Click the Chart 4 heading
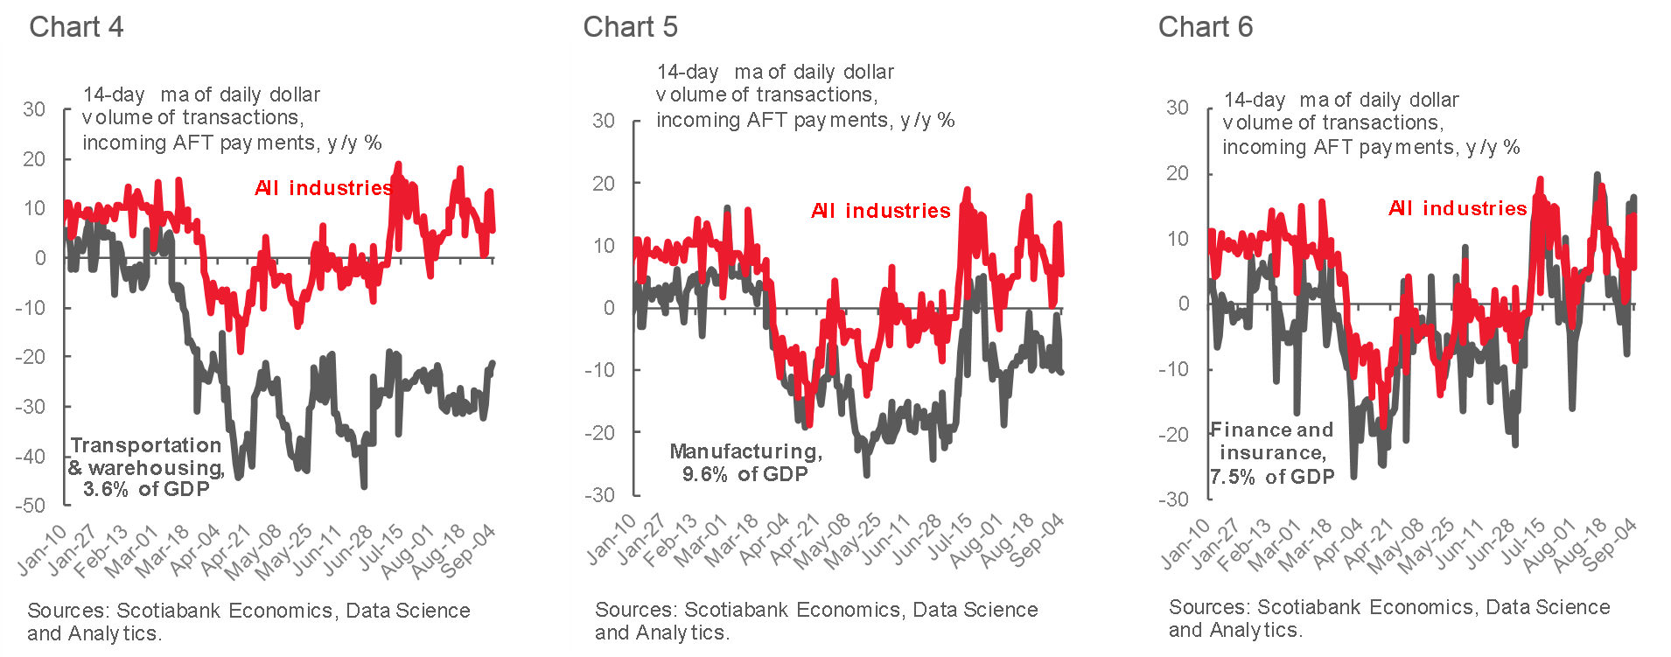point(76,27)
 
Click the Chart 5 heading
point(630,27)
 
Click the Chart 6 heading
point(1205,27)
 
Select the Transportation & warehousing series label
point(146,467)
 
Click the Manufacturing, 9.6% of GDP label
point(745,463)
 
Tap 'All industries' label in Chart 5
point(880,211)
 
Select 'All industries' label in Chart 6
point(1458,208)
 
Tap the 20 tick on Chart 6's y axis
point(1178,173)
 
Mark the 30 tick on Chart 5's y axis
point(604,121)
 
